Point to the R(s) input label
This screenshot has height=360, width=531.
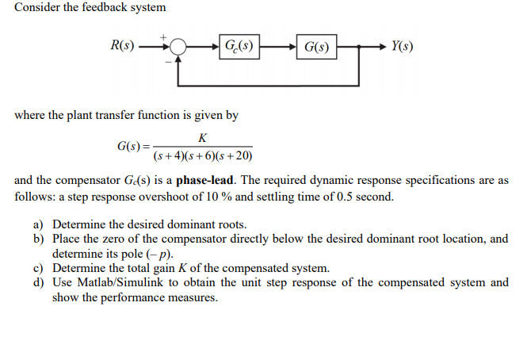(x=121, y=45)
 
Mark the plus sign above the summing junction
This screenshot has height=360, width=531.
(x=164, y=36)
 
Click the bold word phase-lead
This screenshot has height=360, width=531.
(x=205, y=180)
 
